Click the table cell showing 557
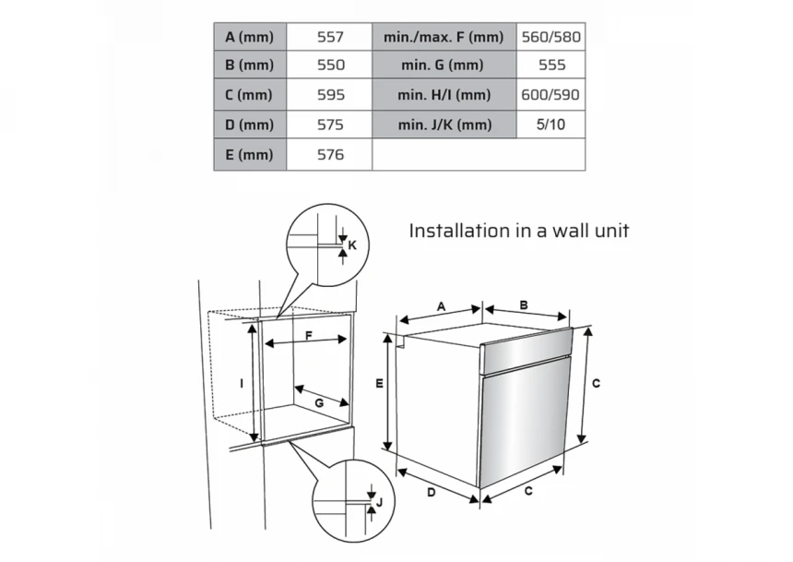pos(329,37)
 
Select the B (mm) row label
pos(250,65)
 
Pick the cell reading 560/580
pos(550,37)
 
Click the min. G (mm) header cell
pos(444,65)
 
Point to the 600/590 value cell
pos(550,95)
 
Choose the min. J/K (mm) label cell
pos(444,125)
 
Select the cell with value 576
pos(329,154)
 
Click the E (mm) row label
pos(250,154)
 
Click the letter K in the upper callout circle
pos(352,245)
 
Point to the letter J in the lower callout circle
pos(379,502)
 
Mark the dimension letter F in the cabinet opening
pos(309,335)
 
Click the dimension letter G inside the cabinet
pos(319,403)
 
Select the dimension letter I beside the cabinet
pos(242,384)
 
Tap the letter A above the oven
pos(441,306)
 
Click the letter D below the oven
pos(432,492)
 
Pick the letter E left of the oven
pos(379,384)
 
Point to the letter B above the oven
pos(524,305)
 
